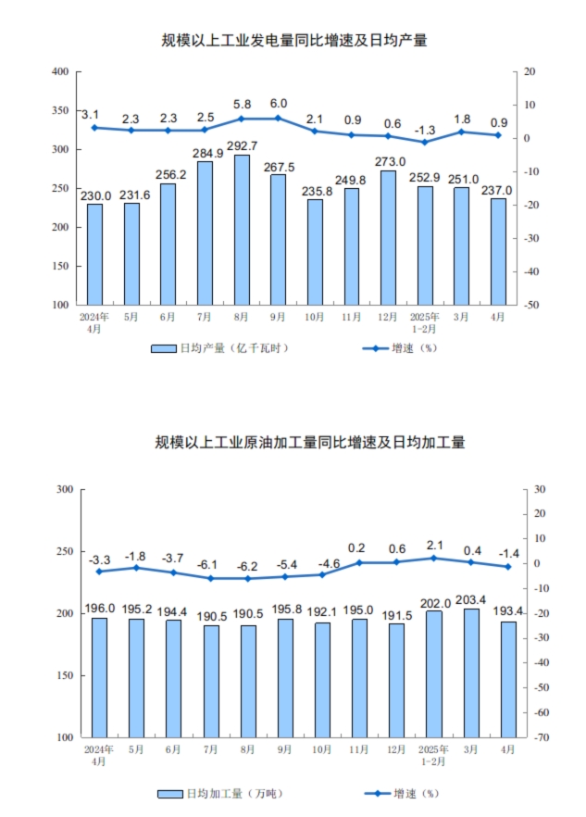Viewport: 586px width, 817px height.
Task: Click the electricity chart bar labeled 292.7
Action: (x=242, y=230)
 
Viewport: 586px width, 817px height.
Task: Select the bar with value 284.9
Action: (x=205, y=233)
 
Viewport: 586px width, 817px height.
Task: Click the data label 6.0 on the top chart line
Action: (x=278, y=104)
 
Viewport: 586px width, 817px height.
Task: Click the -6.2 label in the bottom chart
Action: (x=247, y=565)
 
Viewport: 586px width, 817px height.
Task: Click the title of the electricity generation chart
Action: (x=293, y=41)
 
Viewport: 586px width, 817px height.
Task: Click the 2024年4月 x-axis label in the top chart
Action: (x=95, y=321)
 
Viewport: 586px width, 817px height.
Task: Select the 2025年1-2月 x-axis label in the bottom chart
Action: (x=433, y=754)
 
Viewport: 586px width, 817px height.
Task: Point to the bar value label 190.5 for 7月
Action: (x=210, y=614)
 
